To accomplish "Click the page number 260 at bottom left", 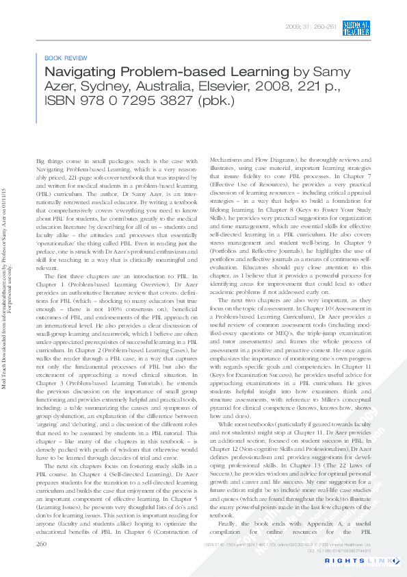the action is click(41, 543).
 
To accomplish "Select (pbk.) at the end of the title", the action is click(215, 100).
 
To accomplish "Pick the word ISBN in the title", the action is click(60, 100).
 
